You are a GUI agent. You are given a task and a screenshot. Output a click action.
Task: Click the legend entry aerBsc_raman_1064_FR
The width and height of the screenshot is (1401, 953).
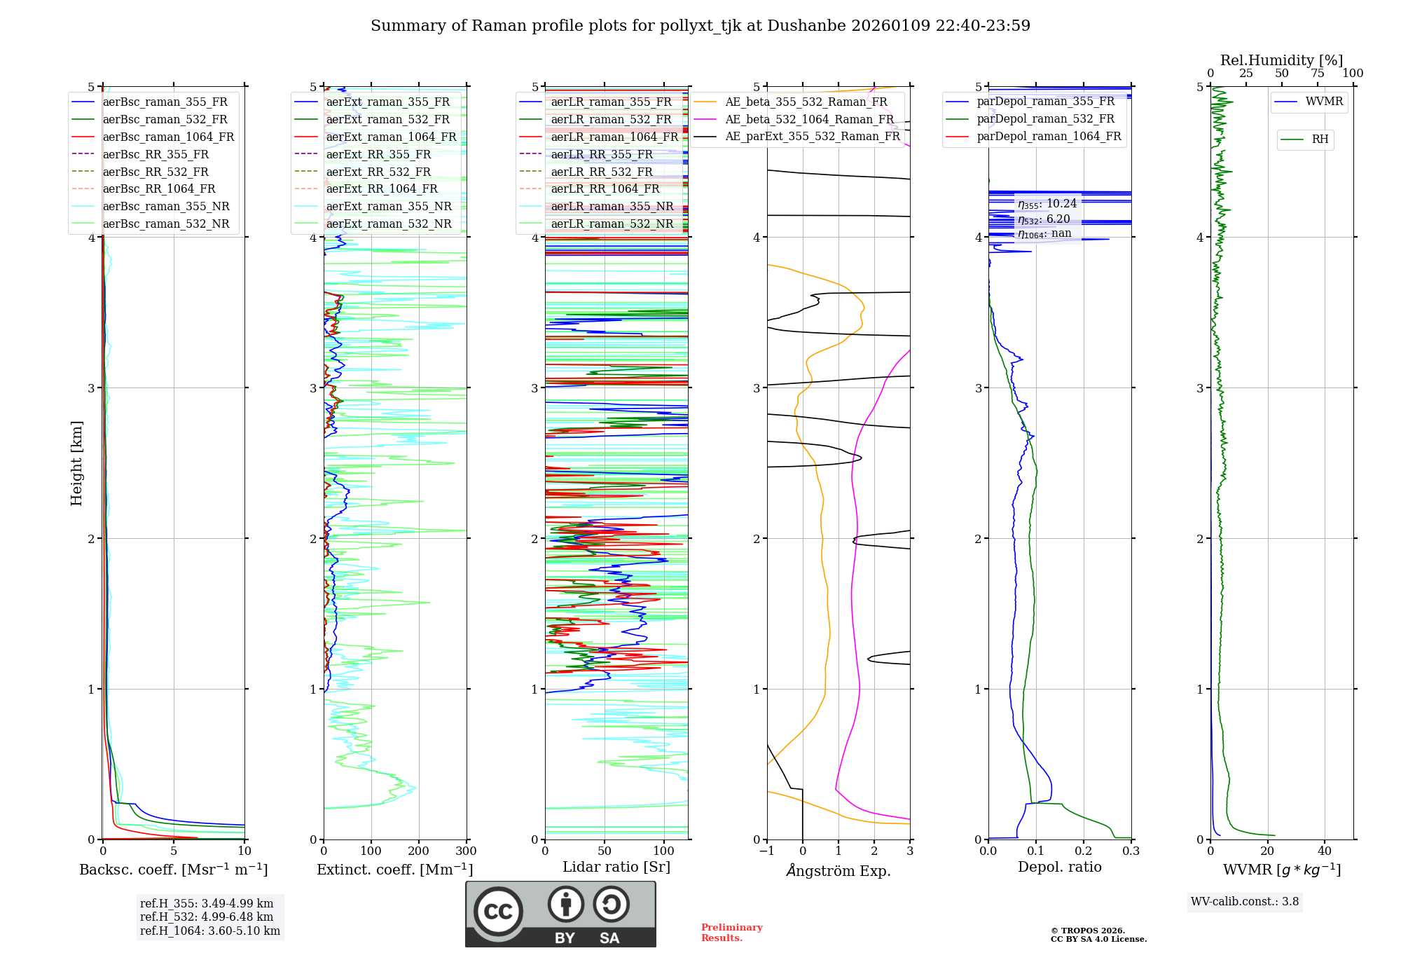(x=168, y=137)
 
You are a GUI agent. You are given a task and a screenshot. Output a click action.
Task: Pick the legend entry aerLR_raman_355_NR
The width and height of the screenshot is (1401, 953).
(x=612, y=207)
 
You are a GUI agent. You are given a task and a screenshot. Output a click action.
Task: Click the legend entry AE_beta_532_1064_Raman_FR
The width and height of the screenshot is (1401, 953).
(x=809, y=119)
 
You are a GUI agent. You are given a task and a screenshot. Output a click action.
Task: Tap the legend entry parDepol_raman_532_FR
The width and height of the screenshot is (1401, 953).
(x=1045, y=119)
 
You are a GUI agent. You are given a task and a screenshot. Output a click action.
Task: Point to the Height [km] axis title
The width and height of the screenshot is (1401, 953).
(x=76, y=463)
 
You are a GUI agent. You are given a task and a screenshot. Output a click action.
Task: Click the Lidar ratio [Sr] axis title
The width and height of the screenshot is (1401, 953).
(x=616, y=867)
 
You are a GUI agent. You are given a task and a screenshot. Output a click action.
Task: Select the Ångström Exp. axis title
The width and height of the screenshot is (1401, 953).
(x=838, y=870)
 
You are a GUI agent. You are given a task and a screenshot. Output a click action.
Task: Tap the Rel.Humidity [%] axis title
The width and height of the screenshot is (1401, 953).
(x=1281, y=60)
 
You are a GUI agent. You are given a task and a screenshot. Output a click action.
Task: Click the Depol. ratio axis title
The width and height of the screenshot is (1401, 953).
(x=1059, y=867)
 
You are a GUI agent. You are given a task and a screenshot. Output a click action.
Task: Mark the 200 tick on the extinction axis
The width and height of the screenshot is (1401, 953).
(x=418, y=851)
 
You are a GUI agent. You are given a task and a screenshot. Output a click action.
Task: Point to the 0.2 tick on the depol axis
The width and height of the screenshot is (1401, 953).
(x=1084, y=851)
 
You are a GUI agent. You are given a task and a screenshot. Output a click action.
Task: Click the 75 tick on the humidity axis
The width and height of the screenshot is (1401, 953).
(x=1317, y=74)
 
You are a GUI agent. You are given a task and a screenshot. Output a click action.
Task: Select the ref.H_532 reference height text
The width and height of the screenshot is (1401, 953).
(x=207, y=917)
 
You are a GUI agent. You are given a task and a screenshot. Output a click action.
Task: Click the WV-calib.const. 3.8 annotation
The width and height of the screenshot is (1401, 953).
(x=1245, y=902)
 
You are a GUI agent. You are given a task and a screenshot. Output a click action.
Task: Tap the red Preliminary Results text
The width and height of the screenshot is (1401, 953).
(x=731, y=933)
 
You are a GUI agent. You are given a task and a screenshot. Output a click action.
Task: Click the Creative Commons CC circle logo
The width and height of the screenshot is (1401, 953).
(x=498, y=912)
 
